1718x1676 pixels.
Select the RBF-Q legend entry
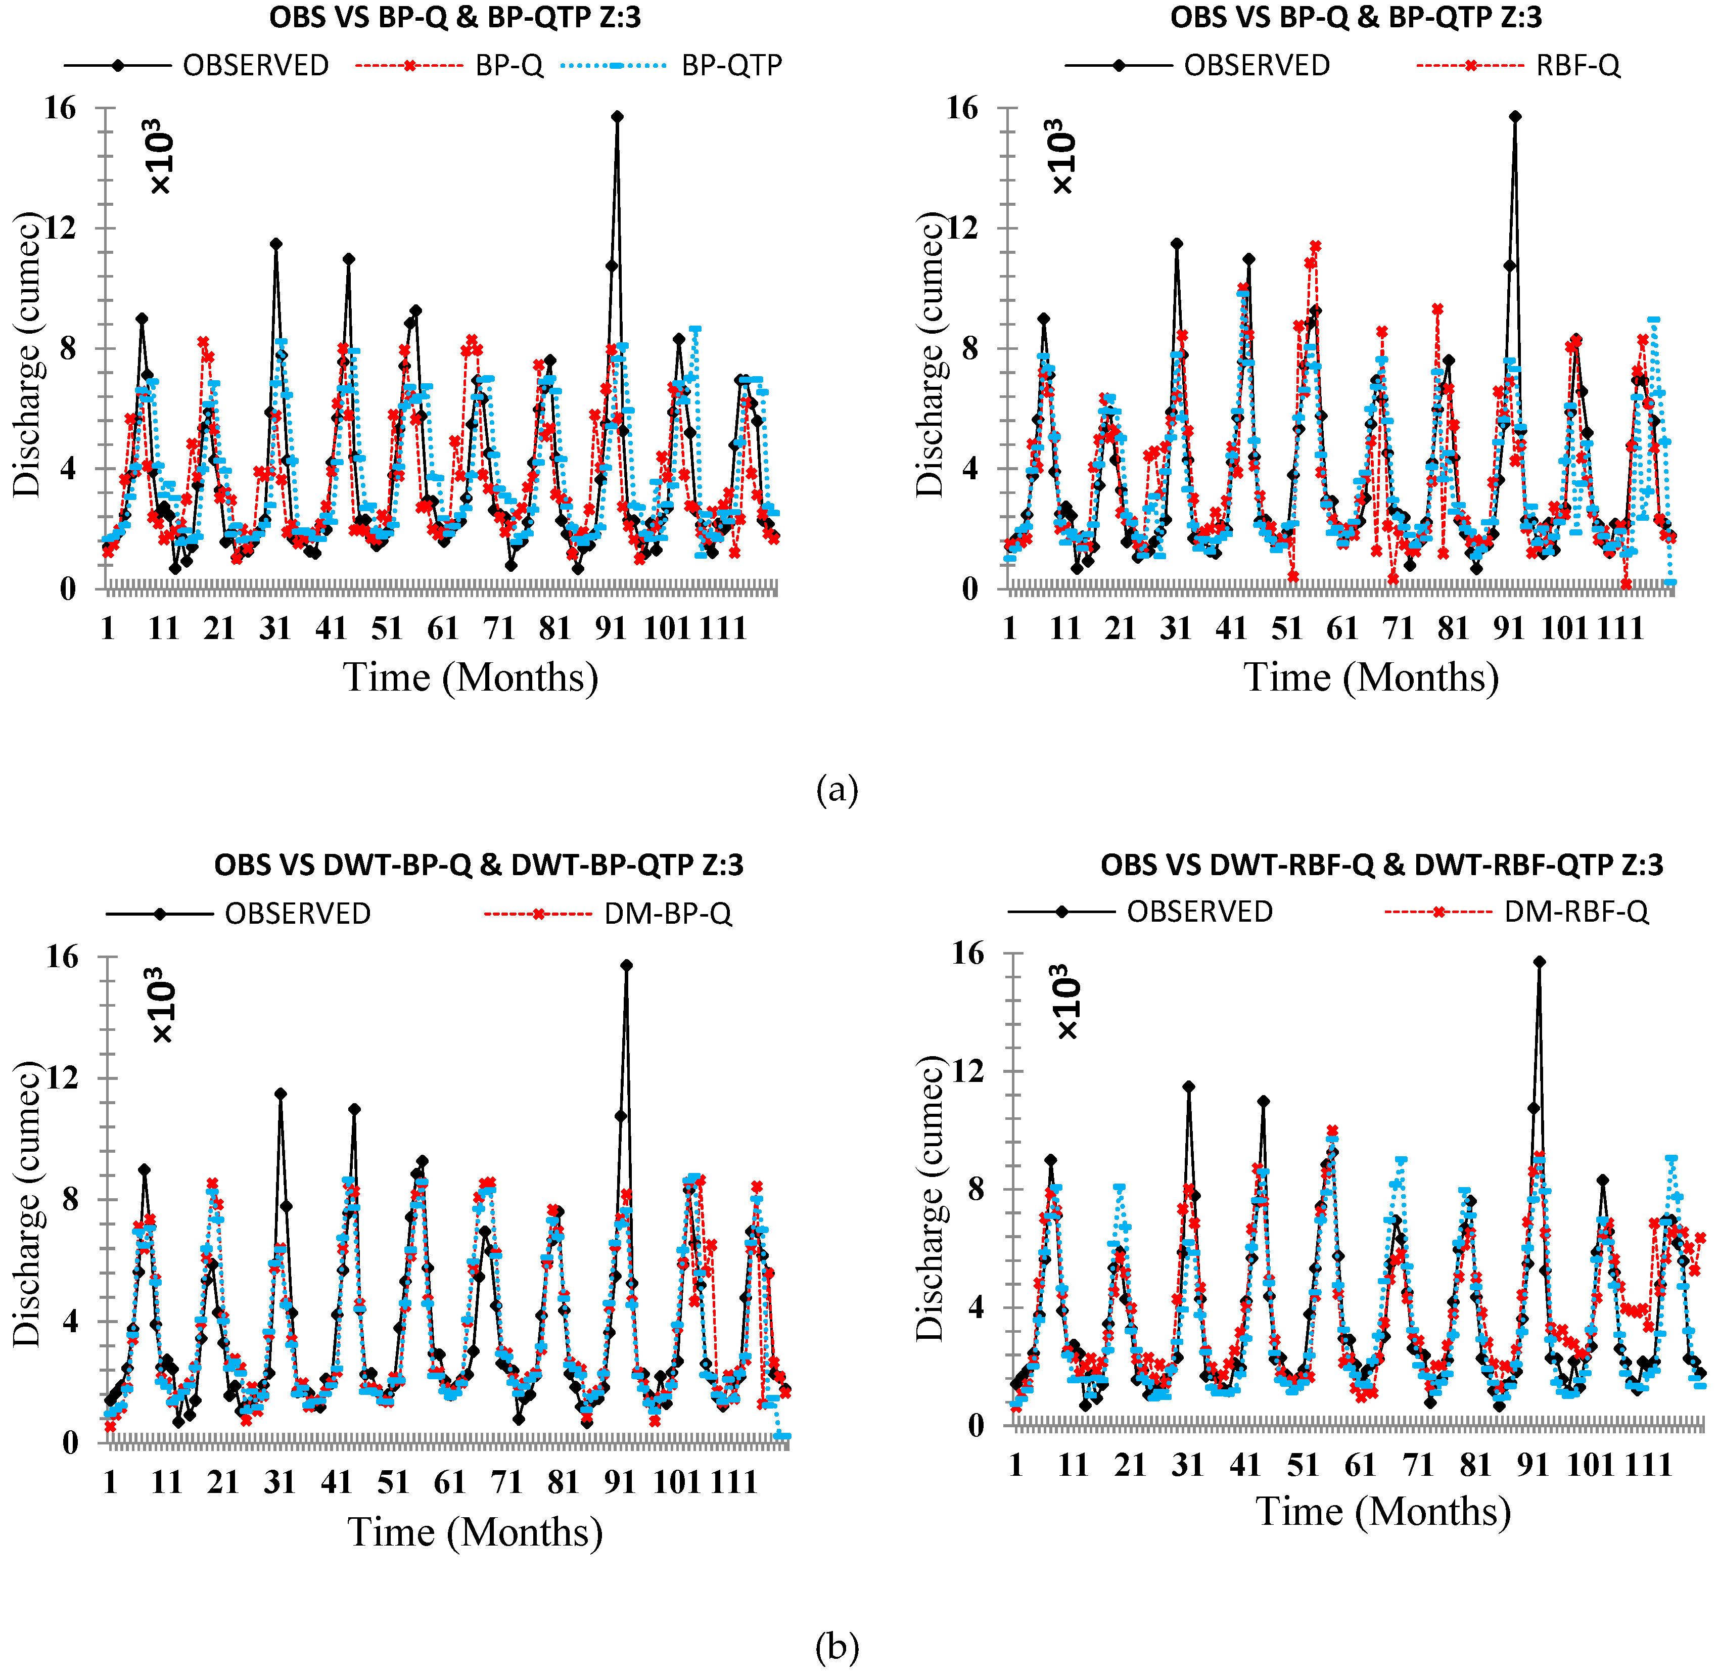(1518, 65)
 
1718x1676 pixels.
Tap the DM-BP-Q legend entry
(607, 914)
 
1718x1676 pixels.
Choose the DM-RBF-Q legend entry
(1516, 912)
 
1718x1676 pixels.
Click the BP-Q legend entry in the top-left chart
(449, 65)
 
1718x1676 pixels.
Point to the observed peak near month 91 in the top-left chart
(617, 116)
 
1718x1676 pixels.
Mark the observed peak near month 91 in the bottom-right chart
(1540, 962)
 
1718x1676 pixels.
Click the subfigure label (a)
(836, 790)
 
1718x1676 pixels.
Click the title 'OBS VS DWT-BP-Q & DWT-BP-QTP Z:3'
(479, 865)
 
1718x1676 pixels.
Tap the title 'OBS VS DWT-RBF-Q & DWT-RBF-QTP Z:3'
(1382, 865)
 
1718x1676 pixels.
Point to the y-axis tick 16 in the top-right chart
(962, 108)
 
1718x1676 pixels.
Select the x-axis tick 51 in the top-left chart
(387, 628)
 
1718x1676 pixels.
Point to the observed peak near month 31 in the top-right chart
(1177, 243)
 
